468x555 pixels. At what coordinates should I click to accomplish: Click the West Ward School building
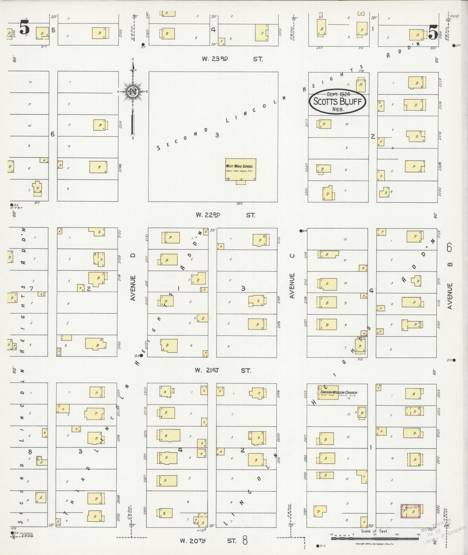click(x=241, y=169)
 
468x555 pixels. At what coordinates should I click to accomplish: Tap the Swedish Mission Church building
click(x=328, y=392)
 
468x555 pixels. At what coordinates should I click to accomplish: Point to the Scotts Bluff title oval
click(x=337, y=102)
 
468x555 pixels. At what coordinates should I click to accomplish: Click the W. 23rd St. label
click(x=232, y=59)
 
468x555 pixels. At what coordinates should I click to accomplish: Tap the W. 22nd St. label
click(x=225, y=215)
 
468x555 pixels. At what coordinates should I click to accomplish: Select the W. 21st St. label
click(x=223, y=370)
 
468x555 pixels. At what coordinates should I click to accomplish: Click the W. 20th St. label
click(x=208, y=541)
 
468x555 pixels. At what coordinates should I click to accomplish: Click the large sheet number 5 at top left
click(x=24, y=28)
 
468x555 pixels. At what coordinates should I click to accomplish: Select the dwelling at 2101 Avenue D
click(x=169, y=345)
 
